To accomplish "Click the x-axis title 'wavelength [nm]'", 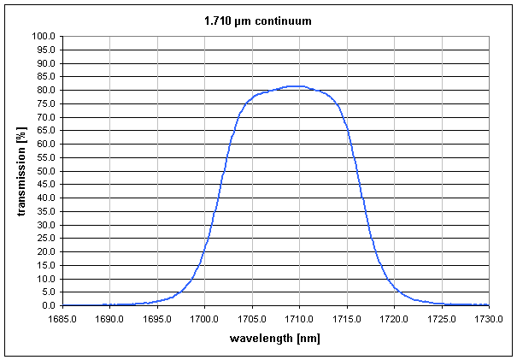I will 275,338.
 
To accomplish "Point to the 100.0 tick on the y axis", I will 43,37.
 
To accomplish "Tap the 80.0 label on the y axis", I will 44,91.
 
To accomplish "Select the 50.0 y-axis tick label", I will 44,171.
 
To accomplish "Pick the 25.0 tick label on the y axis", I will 44,239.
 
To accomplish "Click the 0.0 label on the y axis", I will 48,306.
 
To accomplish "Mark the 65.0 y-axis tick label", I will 44,131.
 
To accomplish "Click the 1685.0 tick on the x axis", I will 62,319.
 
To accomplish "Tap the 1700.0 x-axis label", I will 204,319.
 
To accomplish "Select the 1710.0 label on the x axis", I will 299,319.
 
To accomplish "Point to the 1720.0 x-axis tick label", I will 394,319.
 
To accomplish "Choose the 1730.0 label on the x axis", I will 488,319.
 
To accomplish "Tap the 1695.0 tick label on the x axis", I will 157,319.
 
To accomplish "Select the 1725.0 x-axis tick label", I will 441,319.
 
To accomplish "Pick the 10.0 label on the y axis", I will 44,279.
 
